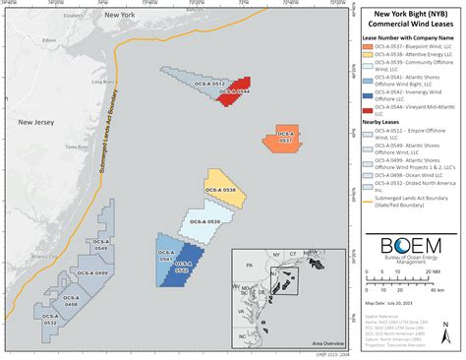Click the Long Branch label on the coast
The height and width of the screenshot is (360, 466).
98,81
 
